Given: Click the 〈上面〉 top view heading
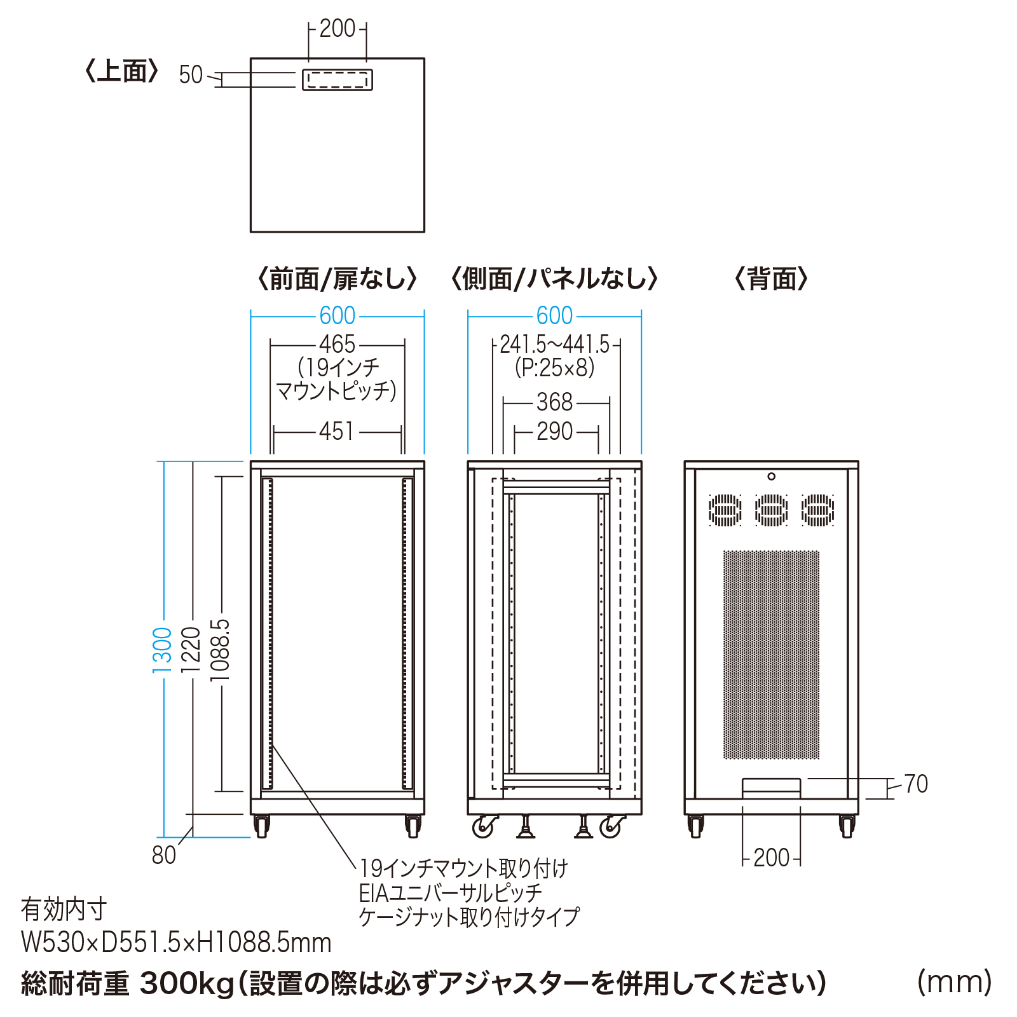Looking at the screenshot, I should (x=121, y=71).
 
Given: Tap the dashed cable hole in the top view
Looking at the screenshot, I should (x=337, y=80).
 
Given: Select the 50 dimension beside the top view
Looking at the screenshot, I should (x=190, y=75).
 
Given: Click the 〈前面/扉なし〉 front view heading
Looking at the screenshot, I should (x=337, y=279).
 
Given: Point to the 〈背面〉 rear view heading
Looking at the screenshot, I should (x=771, y=279).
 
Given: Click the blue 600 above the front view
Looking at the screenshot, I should (x=337, y=316).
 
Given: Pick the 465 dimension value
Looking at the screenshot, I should (x=337, y=345).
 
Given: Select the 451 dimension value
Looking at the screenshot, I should (x=337, y=432).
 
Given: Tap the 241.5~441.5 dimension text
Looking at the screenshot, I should (x=554, y=345).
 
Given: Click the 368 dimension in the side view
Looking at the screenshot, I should (x=554, y=402).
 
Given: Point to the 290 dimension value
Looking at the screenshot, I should (x=554, y=432).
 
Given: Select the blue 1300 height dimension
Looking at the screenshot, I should (x=163, y=650).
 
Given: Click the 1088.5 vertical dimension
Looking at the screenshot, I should (x=220, y=650).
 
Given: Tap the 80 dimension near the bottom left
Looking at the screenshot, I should (x=164, y=856).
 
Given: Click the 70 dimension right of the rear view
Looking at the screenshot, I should (x=916, y=784).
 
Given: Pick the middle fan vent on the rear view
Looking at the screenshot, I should (x=771, y=510).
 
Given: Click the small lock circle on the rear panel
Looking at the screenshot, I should (x=771, y=477).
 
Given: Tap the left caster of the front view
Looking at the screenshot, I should (x=261, y=826).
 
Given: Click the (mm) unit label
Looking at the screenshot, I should (x=954, y=982).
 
